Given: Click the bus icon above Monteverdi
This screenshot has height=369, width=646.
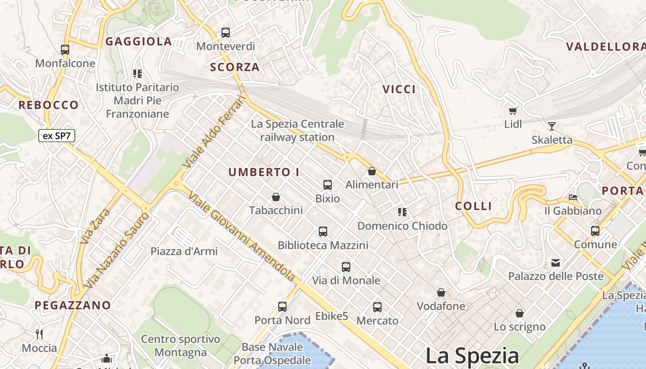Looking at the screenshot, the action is point(226,33).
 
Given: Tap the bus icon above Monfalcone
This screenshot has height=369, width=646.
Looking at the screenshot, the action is point(65,49).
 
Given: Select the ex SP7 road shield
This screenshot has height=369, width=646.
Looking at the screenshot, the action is point(56,136).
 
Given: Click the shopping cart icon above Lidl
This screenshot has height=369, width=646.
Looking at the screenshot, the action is point(513,111).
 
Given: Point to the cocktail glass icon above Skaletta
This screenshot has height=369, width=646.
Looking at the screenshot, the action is point(551,126).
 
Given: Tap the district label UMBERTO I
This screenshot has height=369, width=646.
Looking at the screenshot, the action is point(264,173).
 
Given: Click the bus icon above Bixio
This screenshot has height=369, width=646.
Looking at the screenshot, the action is point(328,185).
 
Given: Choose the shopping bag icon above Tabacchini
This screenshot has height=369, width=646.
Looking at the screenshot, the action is point(276,197).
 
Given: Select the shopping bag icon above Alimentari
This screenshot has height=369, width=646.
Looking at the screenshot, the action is point(372,171).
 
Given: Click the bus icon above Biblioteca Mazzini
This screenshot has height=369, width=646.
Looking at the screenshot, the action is point(323,232).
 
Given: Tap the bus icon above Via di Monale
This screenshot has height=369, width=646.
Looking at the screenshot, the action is point(346,267).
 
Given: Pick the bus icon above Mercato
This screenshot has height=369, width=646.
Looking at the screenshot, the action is point(377,307).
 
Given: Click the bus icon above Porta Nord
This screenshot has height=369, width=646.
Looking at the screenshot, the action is point(282,306).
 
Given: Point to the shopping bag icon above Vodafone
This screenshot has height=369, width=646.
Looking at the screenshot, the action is point(441,292).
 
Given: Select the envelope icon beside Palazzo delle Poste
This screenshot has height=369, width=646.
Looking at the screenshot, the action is point(556,263).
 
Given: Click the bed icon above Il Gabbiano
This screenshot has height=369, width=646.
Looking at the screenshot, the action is point(573,197).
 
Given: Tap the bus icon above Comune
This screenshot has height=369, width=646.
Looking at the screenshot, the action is point(595,231).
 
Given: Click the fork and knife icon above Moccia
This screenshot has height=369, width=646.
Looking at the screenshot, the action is point(39,334).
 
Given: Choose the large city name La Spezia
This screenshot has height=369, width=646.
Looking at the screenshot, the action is point(472,356).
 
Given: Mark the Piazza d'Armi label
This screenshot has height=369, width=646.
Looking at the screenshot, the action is point(184,251).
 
